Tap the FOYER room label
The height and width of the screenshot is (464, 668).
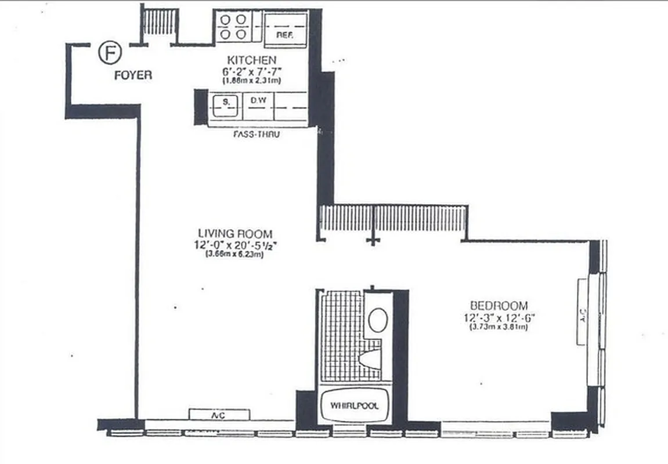point(133,75)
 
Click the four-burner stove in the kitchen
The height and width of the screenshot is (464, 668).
point(233,27)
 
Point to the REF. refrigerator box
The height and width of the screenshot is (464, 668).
point(285,28)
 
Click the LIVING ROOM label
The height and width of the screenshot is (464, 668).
point(234,233)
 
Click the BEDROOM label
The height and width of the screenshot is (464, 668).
point(499,305)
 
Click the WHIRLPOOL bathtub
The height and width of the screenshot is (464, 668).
point(355,405)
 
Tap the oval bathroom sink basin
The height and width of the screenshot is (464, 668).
point(378,320)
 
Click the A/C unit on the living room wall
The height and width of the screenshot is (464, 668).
point(219,414)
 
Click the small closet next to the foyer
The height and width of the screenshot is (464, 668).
point(158,23)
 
